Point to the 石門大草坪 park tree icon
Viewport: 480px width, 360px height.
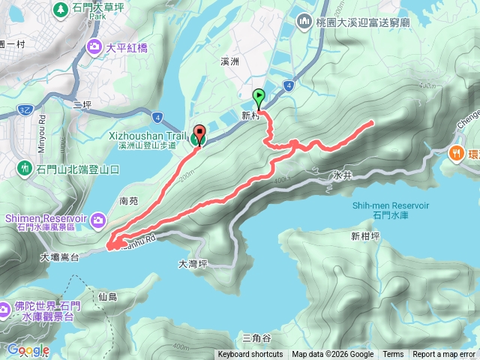click(x=61, y=9)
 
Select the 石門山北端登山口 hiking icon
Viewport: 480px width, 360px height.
click(x=25, y=166)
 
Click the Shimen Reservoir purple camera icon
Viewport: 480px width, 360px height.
click(x=97, y=219)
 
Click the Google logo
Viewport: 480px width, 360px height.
click(x=28, y=350)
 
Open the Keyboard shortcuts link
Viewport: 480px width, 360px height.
click(x=250, y=355)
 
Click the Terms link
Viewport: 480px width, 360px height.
click(x=393, y=355)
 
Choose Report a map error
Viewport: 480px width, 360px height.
click(x=445, y=355)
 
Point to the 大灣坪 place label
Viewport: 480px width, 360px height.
click(x=192, y=264)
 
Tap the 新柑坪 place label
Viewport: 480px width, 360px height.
click(x=366, y=236)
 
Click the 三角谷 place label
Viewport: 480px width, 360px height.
click(x=256, y=338)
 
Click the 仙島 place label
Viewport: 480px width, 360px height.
click(x=107, y=296)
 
